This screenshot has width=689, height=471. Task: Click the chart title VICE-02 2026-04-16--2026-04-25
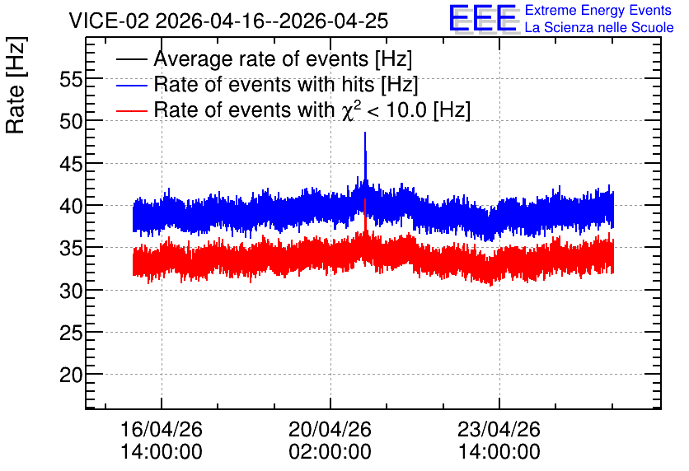click(x=228, y=21)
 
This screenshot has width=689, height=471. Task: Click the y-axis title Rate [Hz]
click(x=16, y=85)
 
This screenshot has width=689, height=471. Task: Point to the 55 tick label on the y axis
click(x=71, y=80)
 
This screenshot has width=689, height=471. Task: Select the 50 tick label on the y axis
click(x=71, y=121)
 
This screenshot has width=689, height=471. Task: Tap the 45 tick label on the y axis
click(x=71, y=164)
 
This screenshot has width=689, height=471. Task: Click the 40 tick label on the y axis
click(x=71, y=206)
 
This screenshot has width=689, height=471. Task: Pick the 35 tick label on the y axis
click(x=71, y=248)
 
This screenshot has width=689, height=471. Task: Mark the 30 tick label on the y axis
click(x=71, y=291)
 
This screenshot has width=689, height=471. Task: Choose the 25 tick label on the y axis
click(x=71, y=333)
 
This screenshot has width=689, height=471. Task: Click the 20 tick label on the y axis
click(x=71, y=375)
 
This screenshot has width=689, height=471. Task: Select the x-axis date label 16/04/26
click(x=162, y=429)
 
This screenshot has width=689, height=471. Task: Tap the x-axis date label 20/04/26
click(x=330, y=429)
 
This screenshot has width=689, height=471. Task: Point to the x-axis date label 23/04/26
click(x=499, y=429)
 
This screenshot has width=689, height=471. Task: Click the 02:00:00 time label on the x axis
click(x=330, y=452)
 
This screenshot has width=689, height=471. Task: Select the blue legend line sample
click(x=131, y=85)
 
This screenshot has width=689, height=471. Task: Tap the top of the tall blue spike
click(x=365, y=132)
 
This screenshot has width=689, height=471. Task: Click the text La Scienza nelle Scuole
click(x=599, y=28)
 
